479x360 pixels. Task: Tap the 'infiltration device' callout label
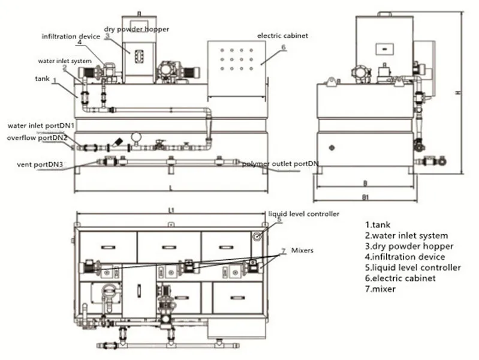(71, 36)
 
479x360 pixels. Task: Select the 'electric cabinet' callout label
(282, 35)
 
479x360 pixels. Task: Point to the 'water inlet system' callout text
(64, 61)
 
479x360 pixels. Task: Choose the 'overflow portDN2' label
(37, 138)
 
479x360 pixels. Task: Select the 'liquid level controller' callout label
(303, 214)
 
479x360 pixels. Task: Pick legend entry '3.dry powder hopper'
(409, 246)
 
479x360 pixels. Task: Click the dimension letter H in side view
(457, 92)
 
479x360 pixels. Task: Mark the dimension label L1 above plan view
(170, 211)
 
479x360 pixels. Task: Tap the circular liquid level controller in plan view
(257, 235)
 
